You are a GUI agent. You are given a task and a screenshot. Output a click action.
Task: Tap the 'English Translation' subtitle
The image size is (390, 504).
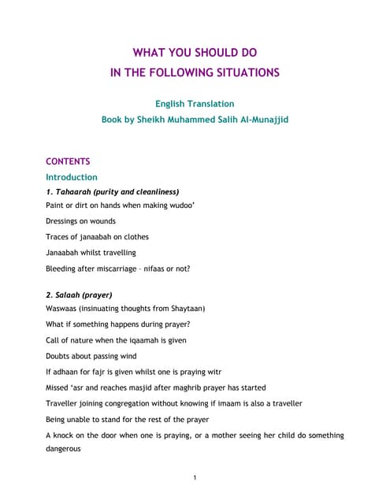coord(195,103)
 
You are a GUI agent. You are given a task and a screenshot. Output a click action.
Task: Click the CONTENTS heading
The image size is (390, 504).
coord(68,161)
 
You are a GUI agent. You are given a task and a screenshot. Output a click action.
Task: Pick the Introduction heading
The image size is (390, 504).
coord(72,177)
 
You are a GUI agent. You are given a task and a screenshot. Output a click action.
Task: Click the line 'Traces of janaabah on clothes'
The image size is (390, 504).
coord(97,236)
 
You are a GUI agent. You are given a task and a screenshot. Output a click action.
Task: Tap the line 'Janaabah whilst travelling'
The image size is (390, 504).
coord(91,252)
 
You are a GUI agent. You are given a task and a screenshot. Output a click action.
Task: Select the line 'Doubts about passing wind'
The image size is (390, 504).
coord(96,356)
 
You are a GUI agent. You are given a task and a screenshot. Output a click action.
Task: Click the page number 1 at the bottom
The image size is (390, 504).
coord(195,477)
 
